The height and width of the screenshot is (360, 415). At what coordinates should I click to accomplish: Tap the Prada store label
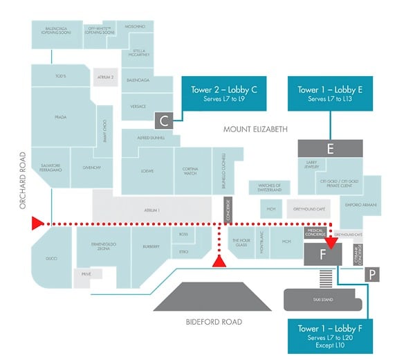(60, 118)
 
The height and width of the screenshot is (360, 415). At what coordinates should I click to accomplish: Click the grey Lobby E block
(330, 148)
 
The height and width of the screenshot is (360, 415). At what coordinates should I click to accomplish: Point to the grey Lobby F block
(322, 254)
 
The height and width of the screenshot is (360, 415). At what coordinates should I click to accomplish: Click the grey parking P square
(372, 275)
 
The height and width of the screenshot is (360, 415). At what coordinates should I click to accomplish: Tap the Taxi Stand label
(322, 300)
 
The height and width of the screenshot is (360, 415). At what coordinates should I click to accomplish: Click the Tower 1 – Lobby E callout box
(330, 93)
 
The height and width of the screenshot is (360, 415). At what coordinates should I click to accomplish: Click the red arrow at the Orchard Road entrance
(37, 223)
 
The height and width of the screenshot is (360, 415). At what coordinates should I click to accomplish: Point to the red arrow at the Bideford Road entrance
(219, 261)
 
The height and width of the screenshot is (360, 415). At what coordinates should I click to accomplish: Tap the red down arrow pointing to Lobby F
(331, 242)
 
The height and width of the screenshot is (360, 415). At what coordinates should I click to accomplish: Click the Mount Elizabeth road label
(255, 129)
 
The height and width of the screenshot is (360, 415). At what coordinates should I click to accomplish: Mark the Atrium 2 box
(105, 78)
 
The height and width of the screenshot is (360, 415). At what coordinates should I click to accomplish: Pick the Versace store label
(138, 107)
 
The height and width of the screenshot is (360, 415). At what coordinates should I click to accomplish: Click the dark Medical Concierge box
(315, 233)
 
